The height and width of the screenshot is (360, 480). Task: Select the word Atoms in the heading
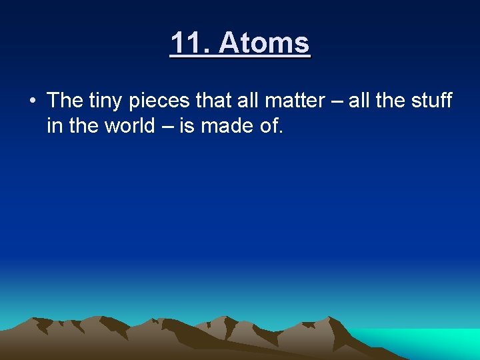(x=264, y=43)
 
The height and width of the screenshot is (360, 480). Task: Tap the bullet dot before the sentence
(x=33, y=101)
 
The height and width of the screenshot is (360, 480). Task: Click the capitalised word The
(x=65, y=101)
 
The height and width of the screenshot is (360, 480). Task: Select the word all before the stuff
(x=361, y=101)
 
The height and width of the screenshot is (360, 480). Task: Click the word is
(x=186, y=125)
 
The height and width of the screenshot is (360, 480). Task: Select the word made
(x=223, y=125)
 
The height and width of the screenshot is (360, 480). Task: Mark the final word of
(x=269, y=125)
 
